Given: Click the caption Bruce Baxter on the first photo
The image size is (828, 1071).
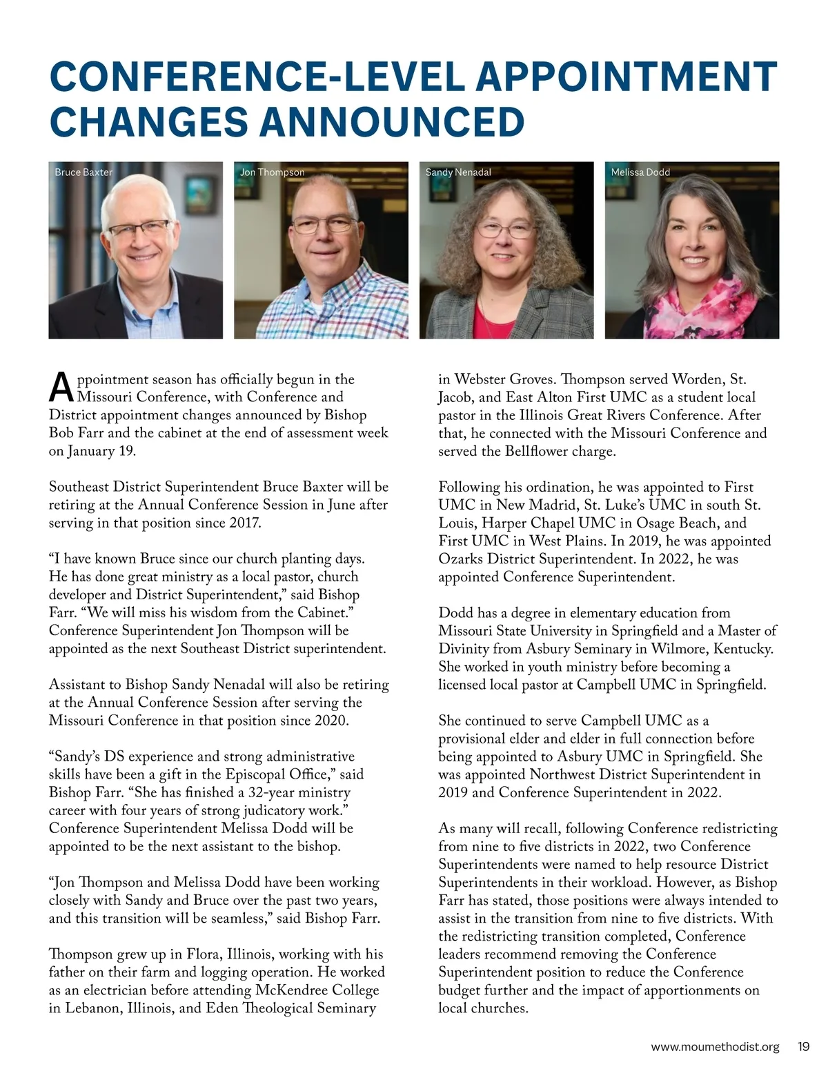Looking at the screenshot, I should [83, 172].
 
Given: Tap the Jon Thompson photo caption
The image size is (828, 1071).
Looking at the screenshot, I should [272, 172].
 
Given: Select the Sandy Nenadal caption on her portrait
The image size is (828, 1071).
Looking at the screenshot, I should [458, 172].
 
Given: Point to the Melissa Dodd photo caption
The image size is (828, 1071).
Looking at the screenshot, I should [640, 172].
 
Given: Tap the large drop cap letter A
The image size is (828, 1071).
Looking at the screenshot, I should [61, 388].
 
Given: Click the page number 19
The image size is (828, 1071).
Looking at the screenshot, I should [803, 1046].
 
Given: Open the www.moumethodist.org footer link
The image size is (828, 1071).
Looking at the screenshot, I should [715, 1047].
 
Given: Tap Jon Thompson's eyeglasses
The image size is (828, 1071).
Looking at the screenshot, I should [324, 226].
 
